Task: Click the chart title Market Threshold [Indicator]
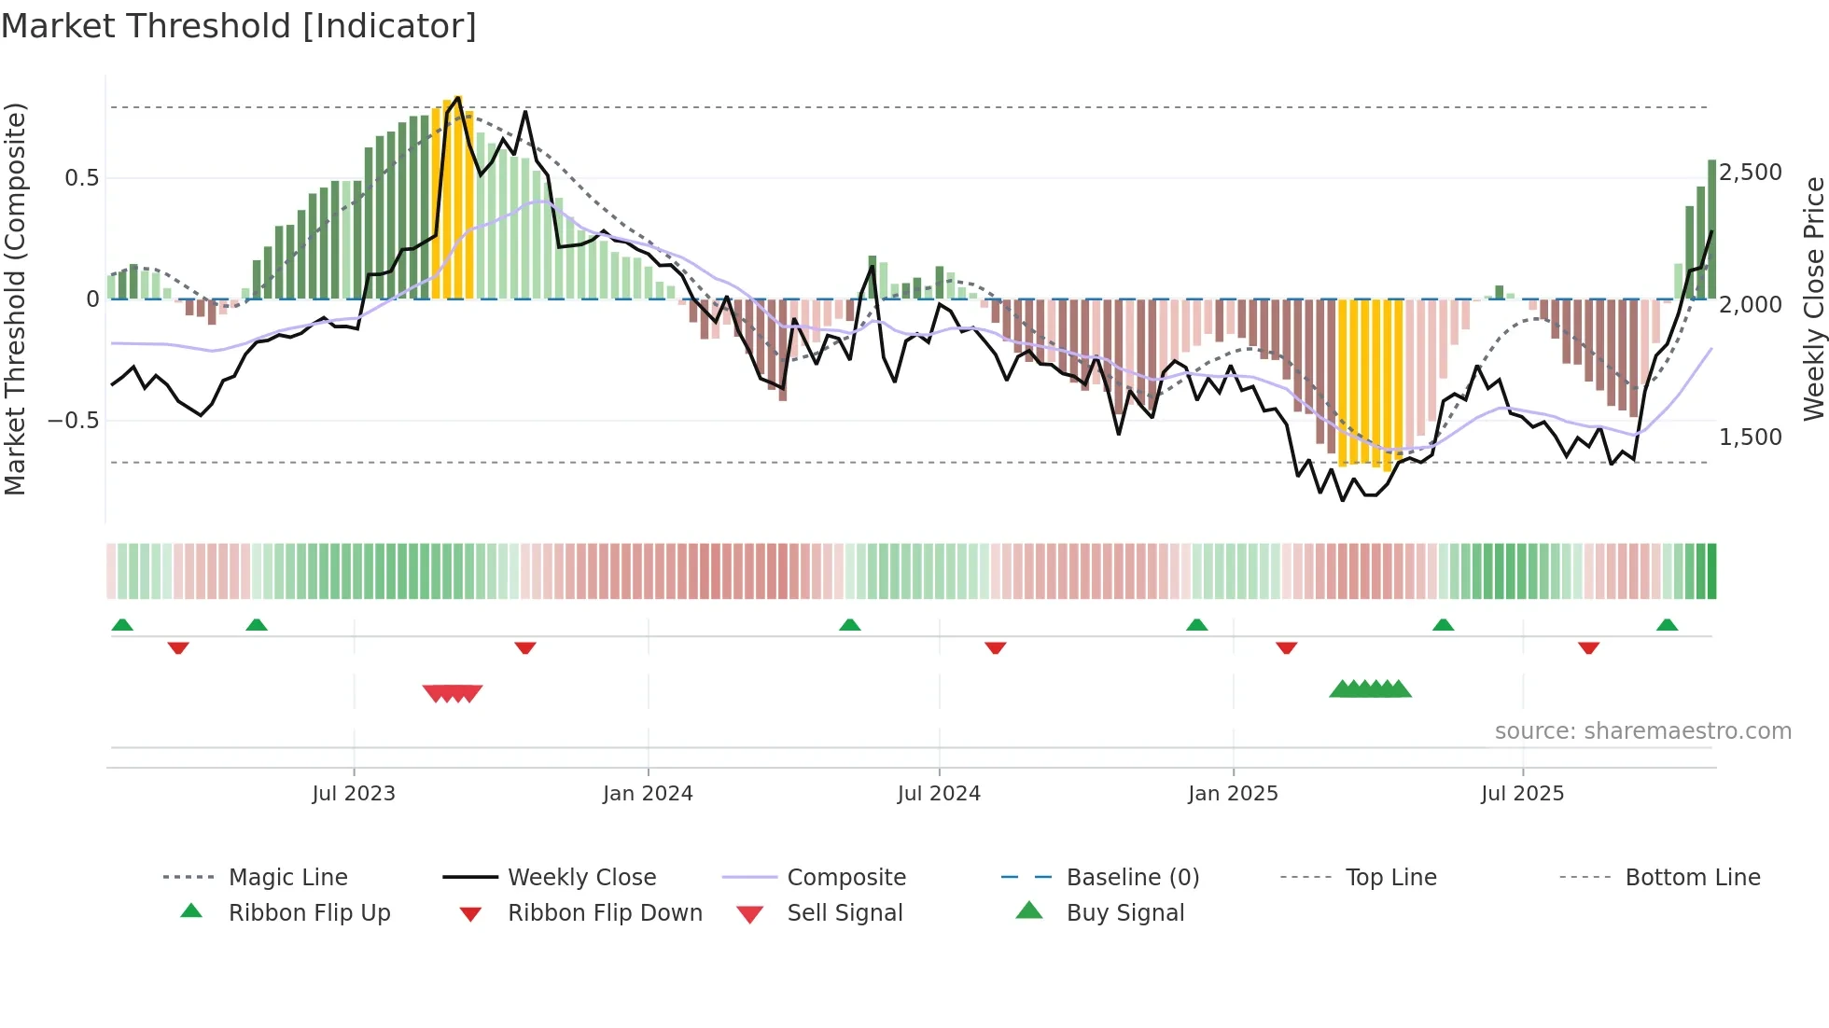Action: pyautogui.click(x=239, y=26)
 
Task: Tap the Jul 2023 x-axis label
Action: pyautogui.click(x=354, y=794)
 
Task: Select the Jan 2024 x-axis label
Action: pyautogui.click(x=648, y=794)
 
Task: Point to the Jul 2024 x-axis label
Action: pyautogui.click(x=939, y=794)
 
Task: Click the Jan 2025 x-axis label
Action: pyautogui.click(x=1233, y=794)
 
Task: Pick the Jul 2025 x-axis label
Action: pyautogui.click(x=1522, y=794)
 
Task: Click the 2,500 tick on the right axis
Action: pyautogui.click(x=1751, y=173)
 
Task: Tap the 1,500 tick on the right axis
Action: pyautogui.click(x=1751, y=438)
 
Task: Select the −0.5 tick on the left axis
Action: pyautogui.click(x=73, y=421)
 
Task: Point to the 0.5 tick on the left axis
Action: pyautogui.click(x=81, y=178)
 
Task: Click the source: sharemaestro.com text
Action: pyautogui.click(x=1642, y=731)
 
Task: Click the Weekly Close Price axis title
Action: pyautogui.click(x=1813, y=299)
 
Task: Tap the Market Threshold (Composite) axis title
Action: pyautogui.click(x=15, y=299)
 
